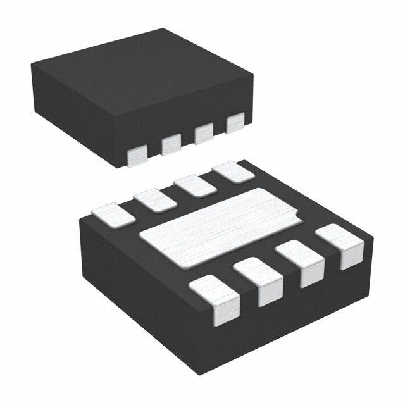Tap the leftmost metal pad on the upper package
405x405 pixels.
137,155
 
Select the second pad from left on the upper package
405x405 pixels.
171,144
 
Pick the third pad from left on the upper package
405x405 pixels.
204,134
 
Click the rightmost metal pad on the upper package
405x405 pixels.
235,123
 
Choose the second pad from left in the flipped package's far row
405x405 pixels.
155,199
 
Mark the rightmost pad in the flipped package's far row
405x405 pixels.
234,172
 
